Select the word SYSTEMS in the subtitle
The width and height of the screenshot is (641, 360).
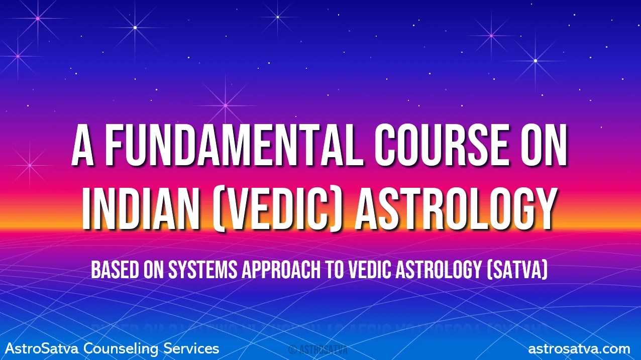click(x=197, y=271)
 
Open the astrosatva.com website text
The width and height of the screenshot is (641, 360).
click(x=579, y=348)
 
